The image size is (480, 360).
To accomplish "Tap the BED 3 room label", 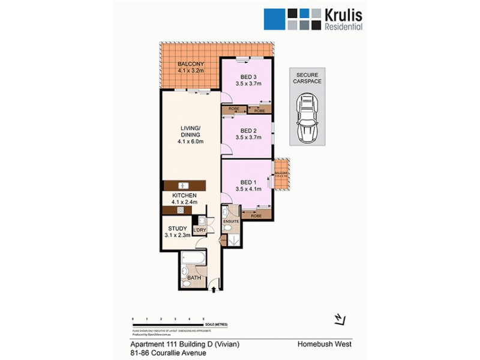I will (x=248, y=76).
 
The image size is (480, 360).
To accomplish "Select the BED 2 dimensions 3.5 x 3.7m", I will (x=248, y=137).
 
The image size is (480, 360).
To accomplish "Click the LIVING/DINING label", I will (x=190, y=130).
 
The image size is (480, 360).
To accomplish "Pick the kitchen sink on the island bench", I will (x=184, y=185).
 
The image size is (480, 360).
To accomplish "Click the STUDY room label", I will (x=178, y=228).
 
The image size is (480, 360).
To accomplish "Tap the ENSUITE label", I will (x=231, y=221).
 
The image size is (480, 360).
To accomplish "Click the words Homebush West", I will (x=323, y=344).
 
